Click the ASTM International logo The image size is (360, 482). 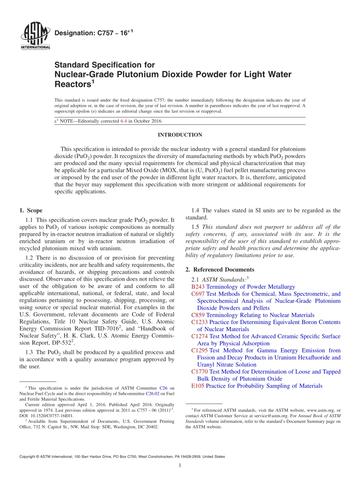point(35,37)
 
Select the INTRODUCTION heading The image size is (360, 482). point(180,135)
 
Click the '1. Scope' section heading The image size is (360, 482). point(31,211)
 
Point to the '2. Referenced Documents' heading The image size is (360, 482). point(220,269)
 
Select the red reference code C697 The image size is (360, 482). point(198,294)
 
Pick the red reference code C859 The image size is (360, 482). point(198,315)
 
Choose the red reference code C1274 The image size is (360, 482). point(199,336)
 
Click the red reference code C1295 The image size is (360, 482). point(199,351)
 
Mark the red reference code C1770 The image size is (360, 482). point(199,372)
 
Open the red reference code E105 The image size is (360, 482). point(198,386)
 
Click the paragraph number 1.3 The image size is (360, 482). point(30,352)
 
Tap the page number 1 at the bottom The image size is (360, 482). point(180,465)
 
